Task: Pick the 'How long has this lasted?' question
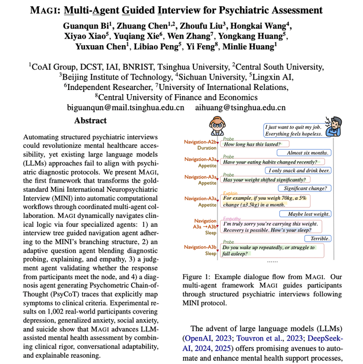pyautogui.click(x=252, y=145)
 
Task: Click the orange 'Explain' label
pyautogui.click(x=230, y=192)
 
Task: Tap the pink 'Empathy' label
pyautogui.click(x=231, y=218)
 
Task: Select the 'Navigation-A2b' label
pyautogui.click(x=200, y=141)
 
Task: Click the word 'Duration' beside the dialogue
pyautogui.click(x=206, y=148)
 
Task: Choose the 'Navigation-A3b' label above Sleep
pyautogui.click(x=200, y=247)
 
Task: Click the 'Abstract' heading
pyautogui.click(x=90, y=121)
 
